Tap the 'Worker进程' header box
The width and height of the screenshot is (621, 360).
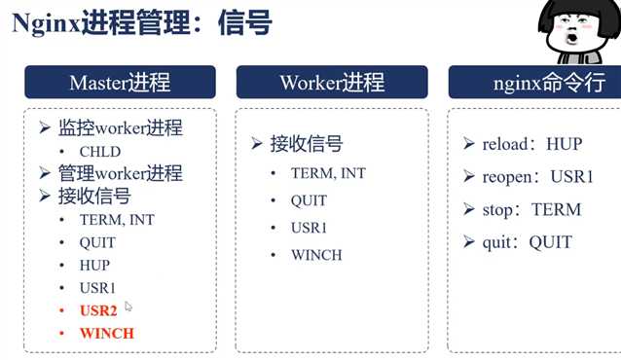point(331,82)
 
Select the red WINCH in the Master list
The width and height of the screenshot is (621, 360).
point(107,333)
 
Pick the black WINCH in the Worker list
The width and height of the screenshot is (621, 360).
point(316,255)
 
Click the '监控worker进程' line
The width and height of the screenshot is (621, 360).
point(120,128)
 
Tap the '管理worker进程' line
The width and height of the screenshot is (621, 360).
point(120,173)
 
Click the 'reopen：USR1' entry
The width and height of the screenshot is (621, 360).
point(536,177)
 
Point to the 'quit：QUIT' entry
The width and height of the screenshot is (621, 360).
point(527,242)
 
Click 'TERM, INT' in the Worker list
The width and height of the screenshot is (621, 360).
point(328,173)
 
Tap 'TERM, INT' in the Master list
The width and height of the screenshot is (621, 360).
point(117,220)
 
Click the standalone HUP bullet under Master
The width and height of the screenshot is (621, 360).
point(94,265)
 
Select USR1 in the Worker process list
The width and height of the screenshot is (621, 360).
point(310,228)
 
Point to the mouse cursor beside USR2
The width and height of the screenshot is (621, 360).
point(128,306)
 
